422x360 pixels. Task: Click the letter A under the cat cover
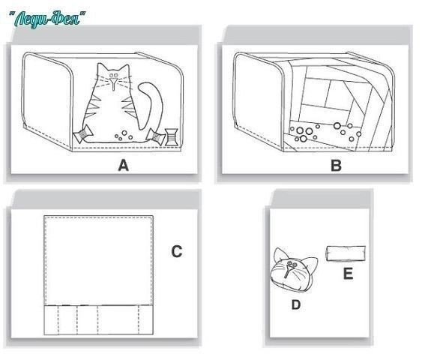click(x=123, y=165)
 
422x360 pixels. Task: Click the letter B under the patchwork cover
click(x=336, y=165)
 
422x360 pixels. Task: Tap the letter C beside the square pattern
click(x=177, y=251)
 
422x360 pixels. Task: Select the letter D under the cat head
click(x=296, y=304)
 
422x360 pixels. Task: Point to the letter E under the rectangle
click(x=348, y=274)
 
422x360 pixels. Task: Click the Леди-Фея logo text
click(x=47, y=19)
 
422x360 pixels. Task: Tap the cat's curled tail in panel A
click(x=151, y=103)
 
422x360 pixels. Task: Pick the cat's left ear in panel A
click(x=101, y=69)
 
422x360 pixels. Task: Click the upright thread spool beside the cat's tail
click(x=171, y=137)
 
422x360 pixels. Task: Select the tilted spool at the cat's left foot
click(x=83, y=133)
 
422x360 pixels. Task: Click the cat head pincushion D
click(x=293, y=270)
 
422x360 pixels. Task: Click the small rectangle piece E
click(x=346, y=253)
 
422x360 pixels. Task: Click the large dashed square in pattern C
click(x=99, y=260)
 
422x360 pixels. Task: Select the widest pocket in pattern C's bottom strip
click(x=118, y=320)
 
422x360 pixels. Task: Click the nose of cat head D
click(x=289, y=270)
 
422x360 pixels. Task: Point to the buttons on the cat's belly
click(x=124, y=136)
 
